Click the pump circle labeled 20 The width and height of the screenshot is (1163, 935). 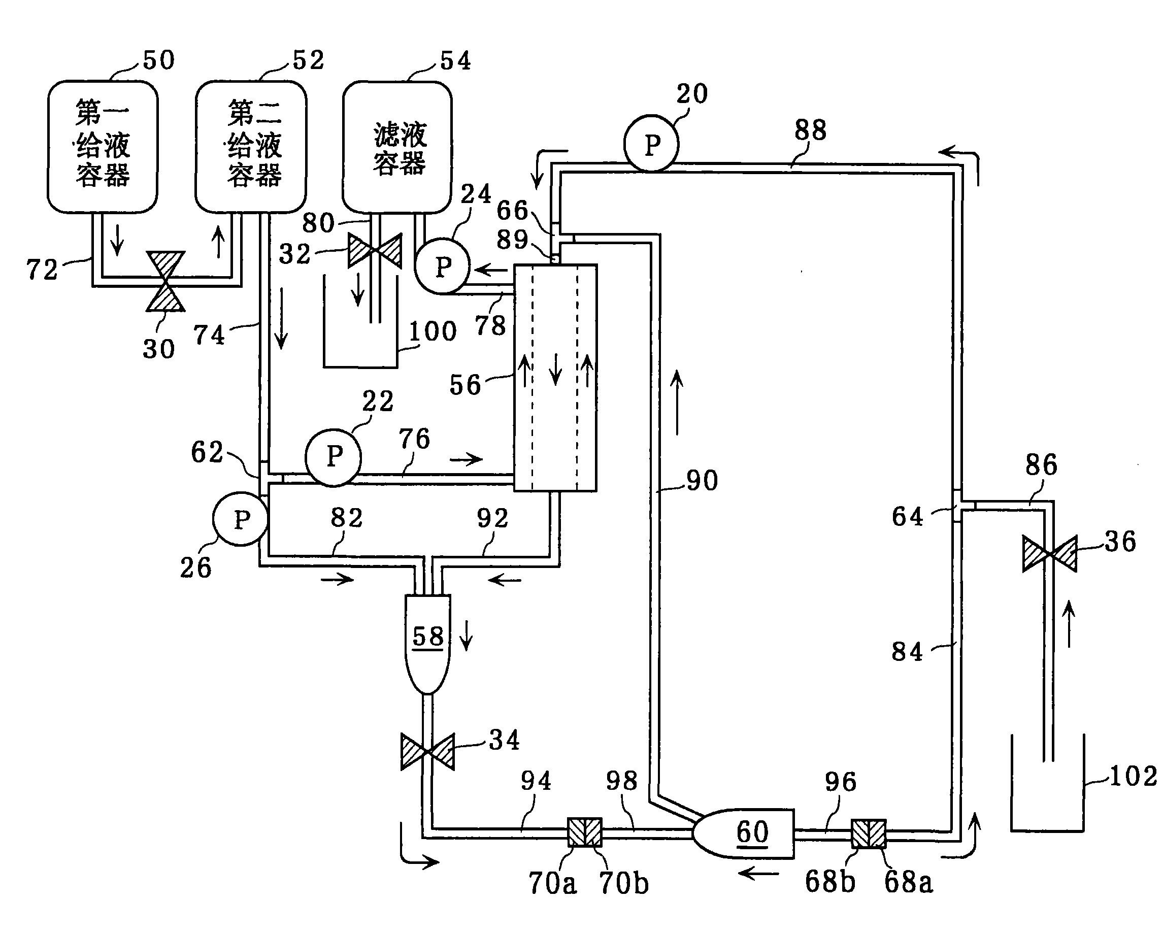pos(652,144)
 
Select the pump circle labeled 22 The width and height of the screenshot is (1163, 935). pos(334,457)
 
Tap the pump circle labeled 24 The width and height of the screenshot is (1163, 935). pos(442,266)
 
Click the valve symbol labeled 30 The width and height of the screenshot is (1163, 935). pos(165,281)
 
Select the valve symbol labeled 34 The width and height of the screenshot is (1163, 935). pos(427,751)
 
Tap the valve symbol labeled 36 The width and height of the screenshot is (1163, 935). pos(1049,554)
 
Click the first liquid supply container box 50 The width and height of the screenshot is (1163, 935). pos(103,146)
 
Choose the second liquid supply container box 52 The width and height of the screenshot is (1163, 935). pos(251,146)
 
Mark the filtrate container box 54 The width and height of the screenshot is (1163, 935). pos(397,147)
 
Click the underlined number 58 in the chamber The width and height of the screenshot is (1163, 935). pos(428,637)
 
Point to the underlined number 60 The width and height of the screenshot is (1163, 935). pos(752,831)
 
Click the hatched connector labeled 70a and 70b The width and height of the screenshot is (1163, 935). pos(585,832)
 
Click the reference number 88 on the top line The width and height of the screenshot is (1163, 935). pos(810,130)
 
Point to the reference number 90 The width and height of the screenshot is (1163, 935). pos(702,480)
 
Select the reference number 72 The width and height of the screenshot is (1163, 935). pos(42,270)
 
